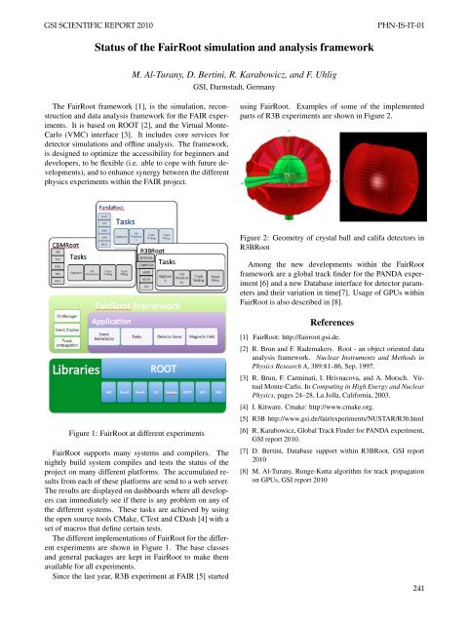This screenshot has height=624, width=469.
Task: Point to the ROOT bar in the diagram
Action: point(161,370)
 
